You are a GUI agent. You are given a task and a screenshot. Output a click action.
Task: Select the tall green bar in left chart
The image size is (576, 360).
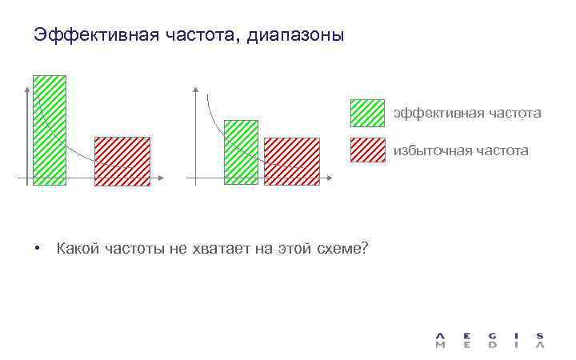pos(50,130)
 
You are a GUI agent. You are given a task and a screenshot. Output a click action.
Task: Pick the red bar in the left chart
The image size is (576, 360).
pos(122,161)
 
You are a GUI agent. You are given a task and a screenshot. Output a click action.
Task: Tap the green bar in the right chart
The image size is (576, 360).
pos(241,152)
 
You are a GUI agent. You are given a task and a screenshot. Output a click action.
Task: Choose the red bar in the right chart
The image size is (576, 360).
pos(291,161)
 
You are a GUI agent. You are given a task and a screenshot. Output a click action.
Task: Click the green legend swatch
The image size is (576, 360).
pos(367,114)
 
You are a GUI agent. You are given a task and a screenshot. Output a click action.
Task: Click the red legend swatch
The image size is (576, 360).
pos(367,150)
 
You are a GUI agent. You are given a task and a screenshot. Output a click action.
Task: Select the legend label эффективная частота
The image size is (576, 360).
pos(466,114)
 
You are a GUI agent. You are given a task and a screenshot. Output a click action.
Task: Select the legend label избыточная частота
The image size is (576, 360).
pos(460,150)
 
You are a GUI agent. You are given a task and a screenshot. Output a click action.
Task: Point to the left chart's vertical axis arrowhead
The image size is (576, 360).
pos(27,86)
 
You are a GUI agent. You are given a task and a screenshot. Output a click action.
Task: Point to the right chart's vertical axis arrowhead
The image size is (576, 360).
pos(194,86)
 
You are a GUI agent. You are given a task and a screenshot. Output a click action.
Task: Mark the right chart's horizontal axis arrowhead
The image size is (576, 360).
pos(329,178)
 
